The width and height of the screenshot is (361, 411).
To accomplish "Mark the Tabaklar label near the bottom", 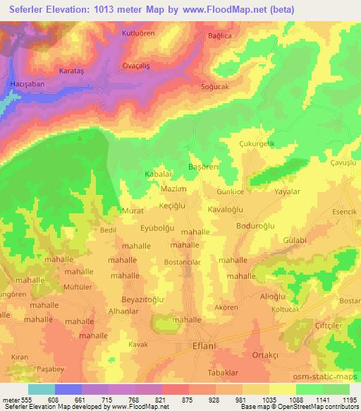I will point(225,373).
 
